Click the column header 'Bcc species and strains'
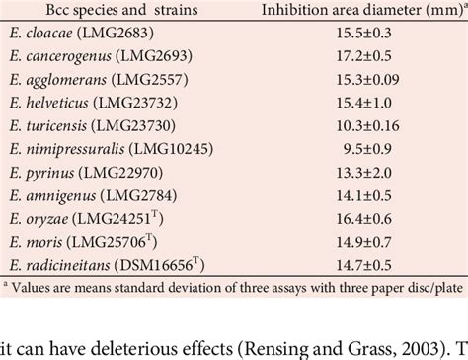(121, 10)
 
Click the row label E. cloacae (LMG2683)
(82, 33)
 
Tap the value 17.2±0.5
(363, 56)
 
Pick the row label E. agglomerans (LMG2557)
(99, 80)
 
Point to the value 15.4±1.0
(363, 103)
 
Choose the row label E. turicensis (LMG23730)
(93, 126)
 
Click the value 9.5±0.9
(367, 149)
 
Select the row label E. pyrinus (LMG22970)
(86, 173)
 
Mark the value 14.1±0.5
(363, 196)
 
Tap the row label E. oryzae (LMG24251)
(86, 219)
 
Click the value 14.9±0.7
(363, 243)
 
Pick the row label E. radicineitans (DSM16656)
(107, 265)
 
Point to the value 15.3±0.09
(367, 79)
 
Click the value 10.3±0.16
(367, 126)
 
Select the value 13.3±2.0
(363, 173)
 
